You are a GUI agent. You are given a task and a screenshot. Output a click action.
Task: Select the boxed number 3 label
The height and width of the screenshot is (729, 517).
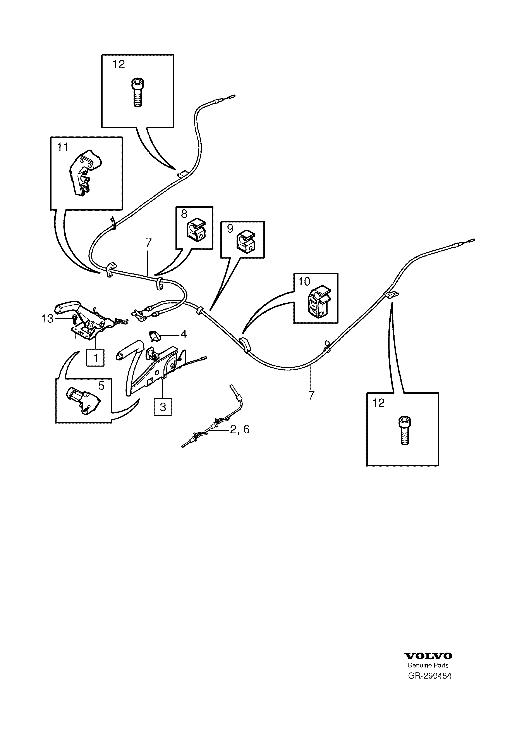pos(163,407)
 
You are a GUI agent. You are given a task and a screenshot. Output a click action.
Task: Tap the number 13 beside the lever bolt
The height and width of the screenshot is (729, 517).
pos(47,319)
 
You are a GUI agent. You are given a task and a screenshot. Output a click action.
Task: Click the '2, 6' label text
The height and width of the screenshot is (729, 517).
pos(240,430)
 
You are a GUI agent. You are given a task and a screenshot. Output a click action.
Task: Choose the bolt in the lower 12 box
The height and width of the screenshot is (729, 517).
pos(404,431)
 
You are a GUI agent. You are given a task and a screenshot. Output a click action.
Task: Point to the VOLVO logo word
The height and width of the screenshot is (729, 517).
pos(428,656)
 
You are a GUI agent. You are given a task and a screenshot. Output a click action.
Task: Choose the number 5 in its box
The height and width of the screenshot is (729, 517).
pos(101,386)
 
